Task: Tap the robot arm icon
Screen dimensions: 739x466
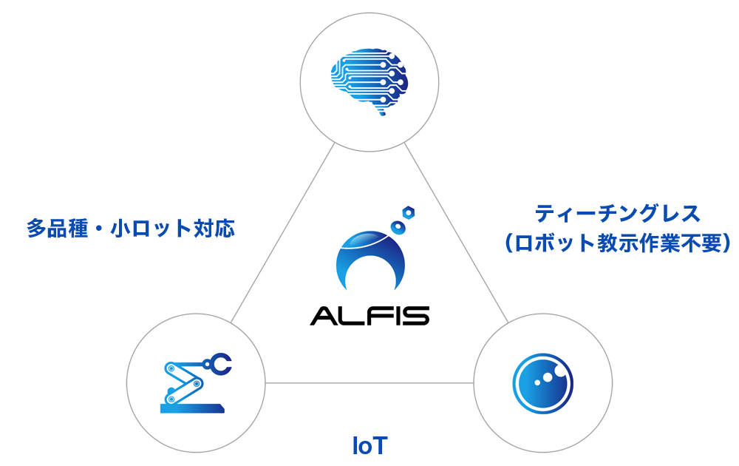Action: coord(195,383)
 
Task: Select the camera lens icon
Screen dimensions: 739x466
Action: coord(542,383)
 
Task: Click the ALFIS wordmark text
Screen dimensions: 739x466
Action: coord(370,316)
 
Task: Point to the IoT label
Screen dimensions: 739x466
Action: coord(370,446)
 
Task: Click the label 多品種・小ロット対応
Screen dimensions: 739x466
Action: coord(131,229)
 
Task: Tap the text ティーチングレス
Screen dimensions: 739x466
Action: coord(617,214)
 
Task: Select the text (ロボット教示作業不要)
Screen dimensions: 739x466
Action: coord(617,243)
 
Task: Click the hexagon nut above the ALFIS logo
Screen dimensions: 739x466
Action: coord(408,213)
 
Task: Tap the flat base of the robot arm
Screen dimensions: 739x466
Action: coord(192,408)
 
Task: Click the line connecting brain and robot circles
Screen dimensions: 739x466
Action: coord(282,233)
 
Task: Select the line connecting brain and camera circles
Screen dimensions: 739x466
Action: coord(456,233)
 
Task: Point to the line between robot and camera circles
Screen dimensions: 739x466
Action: coord(369,383)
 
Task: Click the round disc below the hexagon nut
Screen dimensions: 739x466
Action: coord(399,227)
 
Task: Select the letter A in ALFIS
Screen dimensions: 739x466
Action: coord(322,316)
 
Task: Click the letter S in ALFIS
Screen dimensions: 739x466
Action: coord(417,316)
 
